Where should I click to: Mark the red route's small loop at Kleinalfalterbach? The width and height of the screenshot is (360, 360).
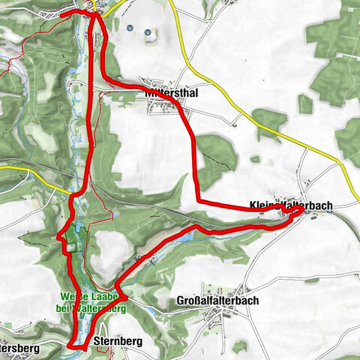(x=296, y=213)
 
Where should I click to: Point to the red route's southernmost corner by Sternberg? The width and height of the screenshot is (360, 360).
(x=71, y=346)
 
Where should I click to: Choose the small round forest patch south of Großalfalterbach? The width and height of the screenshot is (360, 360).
(x=239, y=347)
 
